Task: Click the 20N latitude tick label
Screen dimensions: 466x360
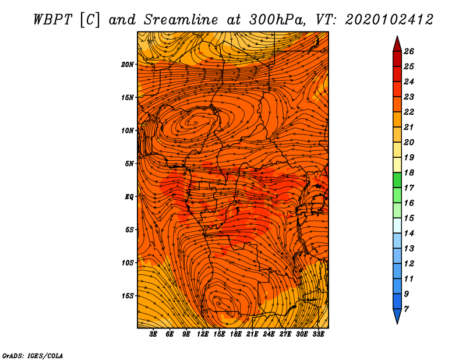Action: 128,64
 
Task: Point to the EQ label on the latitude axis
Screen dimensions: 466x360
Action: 129,196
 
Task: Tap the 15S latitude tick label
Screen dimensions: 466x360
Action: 128,296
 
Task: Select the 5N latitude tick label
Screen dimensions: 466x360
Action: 129,164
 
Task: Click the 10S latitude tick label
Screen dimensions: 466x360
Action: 128,263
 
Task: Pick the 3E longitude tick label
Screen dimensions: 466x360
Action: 153,334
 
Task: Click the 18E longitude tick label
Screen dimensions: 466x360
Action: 236,334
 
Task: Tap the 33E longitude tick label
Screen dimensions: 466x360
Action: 318,334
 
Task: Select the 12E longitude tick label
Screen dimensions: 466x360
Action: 203,334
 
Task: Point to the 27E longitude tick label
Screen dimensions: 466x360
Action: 285,334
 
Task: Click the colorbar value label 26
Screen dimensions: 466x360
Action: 409,51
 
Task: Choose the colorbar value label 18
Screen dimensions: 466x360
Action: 409,172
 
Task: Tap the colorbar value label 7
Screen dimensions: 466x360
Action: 406,309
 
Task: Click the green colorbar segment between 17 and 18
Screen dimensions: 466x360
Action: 397,180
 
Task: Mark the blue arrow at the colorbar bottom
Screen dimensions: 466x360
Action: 397,316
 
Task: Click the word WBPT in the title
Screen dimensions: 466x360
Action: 52,20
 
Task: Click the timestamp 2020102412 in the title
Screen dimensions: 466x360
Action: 389,20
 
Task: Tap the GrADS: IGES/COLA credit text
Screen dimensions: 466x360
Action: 33,356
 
